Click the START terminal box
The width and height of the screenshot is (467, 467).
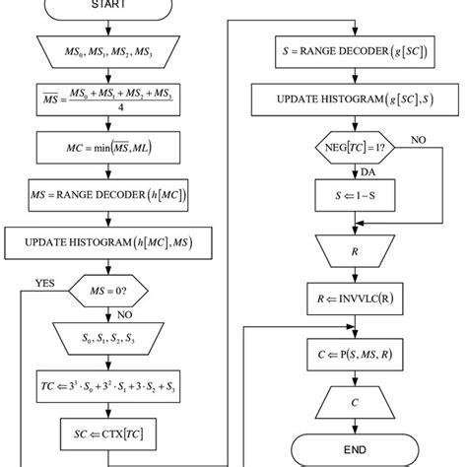113,6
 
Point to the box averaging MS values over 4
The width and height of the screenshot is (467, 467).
113,101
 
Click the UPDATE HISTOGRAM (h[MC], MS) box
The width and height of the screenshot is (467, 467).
113,239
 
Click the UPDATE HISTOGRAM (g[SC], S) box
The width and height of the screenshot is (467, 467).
351,99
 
